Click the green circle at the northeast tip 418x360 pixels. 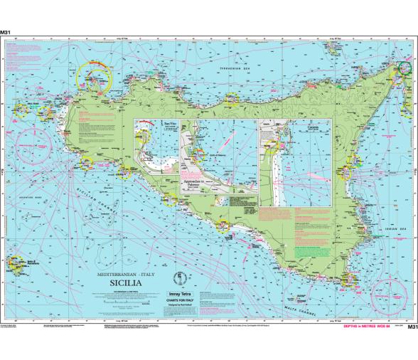[405, 69]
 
